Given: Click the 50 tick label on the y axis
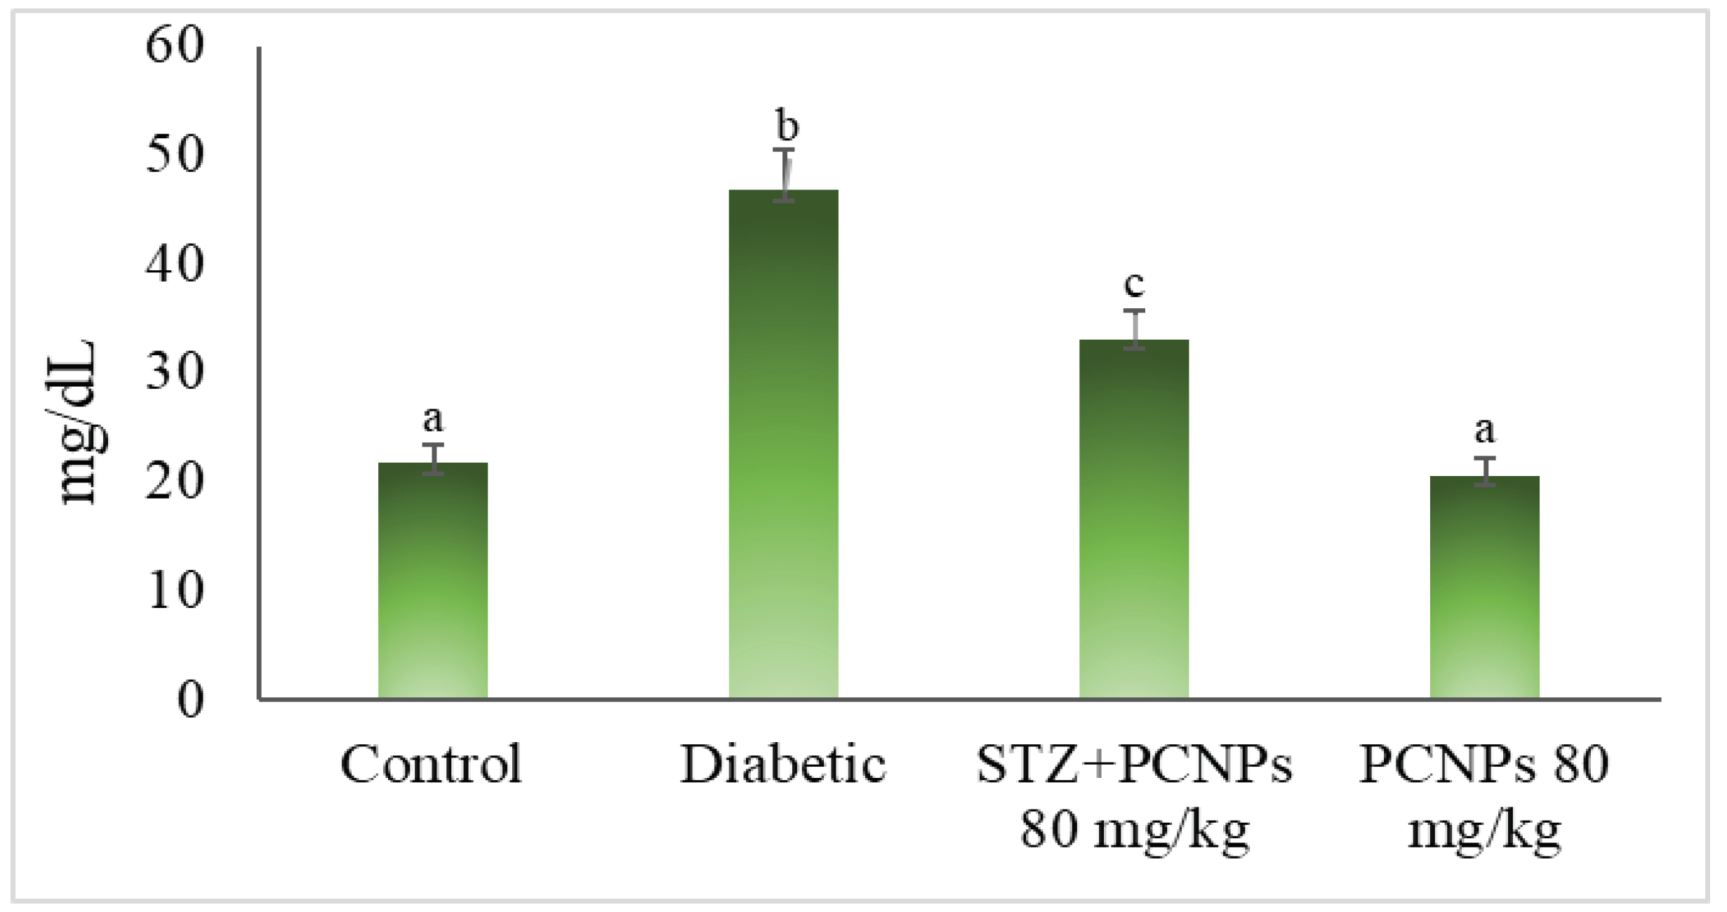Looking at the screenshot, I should coord(175,154).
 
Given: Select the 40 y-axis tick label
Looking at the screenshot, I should coord(175,265).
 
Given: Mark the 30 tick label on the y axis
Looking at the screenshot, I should coord(175,372).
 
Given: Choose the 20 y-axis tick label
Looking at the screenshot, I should coord(175,482).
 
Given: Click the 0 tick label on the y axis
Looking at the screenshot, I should coord(190,699).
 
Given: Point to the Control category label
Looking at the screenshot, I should coord(432,764).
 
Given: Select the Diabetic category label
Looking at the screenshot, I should coord(783,764).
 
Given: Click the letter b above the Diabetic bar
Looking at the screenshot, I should coord(787,126).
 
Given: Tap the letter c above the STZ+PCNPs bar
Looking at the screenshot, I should coord(1134,284).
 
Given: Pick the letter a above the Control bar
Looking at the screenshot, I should coord(433,420).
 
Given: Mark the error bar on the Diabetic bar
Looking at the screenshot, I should coord(784,175).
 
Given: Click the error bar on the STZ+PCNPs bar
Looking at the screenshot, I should coord(1134,329).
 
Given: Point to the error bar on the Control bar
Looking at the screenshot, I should coord(433,459).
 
